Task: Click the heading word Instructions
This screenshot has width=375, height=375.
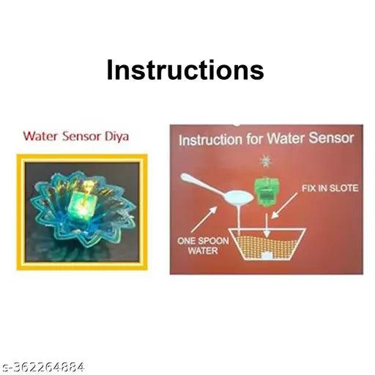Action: tap(185, 70)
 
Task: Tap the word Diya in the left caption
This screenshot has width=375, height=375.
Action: tap(114, 135)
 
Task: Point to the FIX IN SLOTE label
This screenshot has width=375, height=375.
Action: tap(330, 189)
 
